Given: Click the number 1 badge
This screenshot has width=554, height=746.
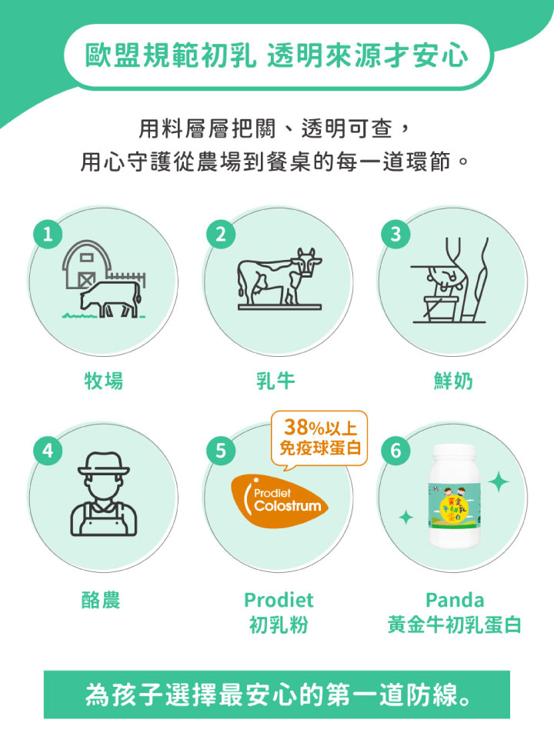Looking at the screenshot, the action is [x=48, y=234].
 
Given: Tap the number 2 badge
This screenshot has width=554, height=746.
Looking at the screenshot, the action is [x=221, y=234].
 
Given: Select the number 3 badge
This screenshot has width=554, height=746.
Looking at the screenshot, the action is [x=396, y=234].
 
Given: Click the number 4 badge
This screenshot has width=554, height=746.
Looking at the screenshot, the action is [x=48, y=451].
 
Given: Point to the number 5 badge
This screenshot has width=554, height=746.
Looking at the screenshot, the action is [x=221, y=451].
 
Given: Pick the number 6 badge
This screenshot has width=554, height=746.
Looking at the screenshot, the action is [x=396, y=451].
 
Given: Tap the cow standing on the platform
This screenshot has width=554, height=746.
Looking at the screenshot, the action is [x=279, y=276].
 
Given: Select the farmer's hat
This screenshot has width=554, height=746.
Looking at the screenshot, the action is [x=104, y=464].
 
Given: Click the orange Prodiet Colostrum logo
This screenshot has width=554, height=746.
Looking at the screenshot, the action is [x=279, y=501].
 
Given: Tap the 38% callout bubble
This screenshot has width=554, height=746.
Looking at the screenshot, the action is [x=319, y=440].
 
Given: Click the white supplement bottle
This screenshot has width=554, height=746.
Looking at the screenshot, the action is [x=455, y=496].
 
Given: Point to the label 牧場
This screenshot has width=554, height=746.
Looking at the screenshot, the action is [x=104, y=381].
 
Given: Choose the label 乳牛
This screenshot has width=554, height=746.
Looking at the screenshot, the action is [x=276, y=381].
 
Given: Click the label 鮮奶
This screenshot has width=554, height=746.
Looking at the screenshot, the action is [x=453, y=381].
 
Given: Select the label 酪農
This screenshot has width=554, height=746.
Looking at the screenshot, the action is [x=101, y=600].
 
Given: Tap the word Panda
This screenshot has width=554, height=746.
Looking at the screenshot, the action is [x=455, y=600].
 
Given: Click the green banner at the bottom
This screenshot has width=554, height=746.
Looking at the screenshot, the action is [x=277, y=694].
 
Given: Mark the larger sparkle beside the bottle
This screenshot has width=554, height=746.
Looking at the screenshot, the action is [x=499, y=482].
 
